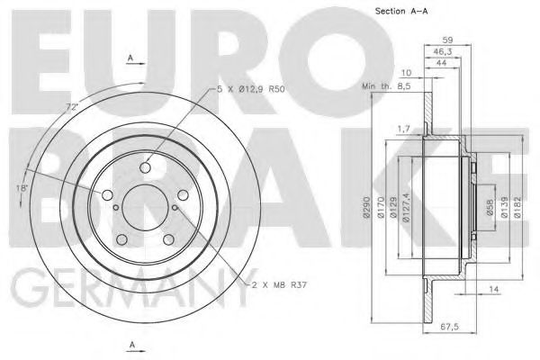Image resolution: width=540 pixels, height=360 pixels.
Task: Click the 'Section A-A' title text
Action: pyautogui.click(x=401, y=11)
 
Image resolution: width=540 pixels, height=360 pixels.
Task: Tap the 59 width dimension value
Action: pyautogui.click(x=447, y=40)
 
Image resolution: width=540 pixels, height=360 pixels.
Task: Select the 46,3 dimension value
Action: pyautogui.click(x=442, y=52)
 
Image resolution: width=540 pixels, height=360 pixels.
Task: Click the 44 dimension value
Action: pyautogui.click(x=441, y=63)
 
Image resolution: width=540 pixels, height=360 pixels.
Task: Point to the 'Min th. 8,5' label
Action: pyautogui.click(x=386, y=86)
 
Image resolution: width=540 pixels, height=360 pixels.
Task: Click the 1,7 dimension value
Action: pyautogui.click(x=404, y=130)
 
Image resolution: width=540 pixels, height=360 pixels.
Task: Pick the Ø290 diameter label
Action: pyautogui.click(x=365, y=207)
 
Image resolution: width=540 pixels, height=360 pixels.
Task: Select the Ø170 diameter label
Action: pyautogui.click(x=381, y=207)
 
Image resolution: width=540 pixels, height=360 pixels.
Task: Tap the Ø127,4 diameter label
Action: pyautogui.click(x=407, y=208)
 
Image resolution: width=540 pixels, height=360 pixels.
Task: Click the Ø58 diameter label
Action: pyautogui.click(x=490, y=207)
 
